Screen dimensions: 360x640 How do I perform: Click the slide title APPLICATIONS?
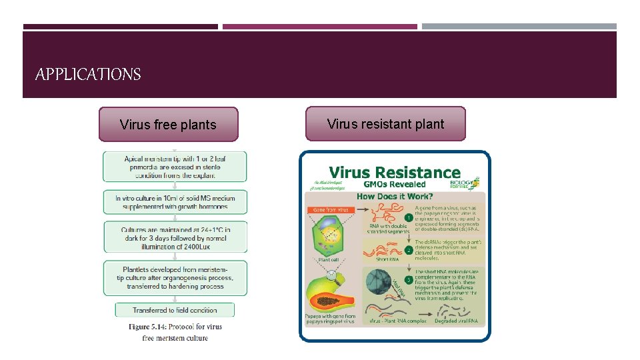point(88,74)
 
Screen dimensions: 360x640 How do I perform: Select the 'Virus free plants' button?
point(168,125)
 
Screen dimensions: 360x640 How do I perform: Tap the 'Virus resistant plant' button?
point(385,123)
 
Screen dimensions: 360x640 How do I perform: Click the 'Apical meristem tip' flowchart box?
point(174,167)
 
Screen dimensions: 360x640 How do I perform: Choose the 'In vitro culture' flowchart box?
point(174,202)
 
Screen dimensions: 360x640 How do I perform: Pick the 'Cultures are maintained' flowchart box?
point(174,237)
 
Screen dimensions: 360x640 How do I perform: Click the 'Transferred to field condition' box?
point(174,310)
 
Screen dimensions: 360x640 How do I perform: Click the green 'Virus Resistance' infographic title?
point(395,173)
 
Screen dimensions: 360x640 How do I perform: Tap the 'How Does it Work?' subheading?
point(395,196)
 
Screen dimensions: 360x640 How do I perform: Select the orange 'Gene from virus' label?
point(331,209)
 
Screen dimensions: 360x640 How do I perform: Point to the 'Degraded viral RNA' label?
point(456,321)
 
